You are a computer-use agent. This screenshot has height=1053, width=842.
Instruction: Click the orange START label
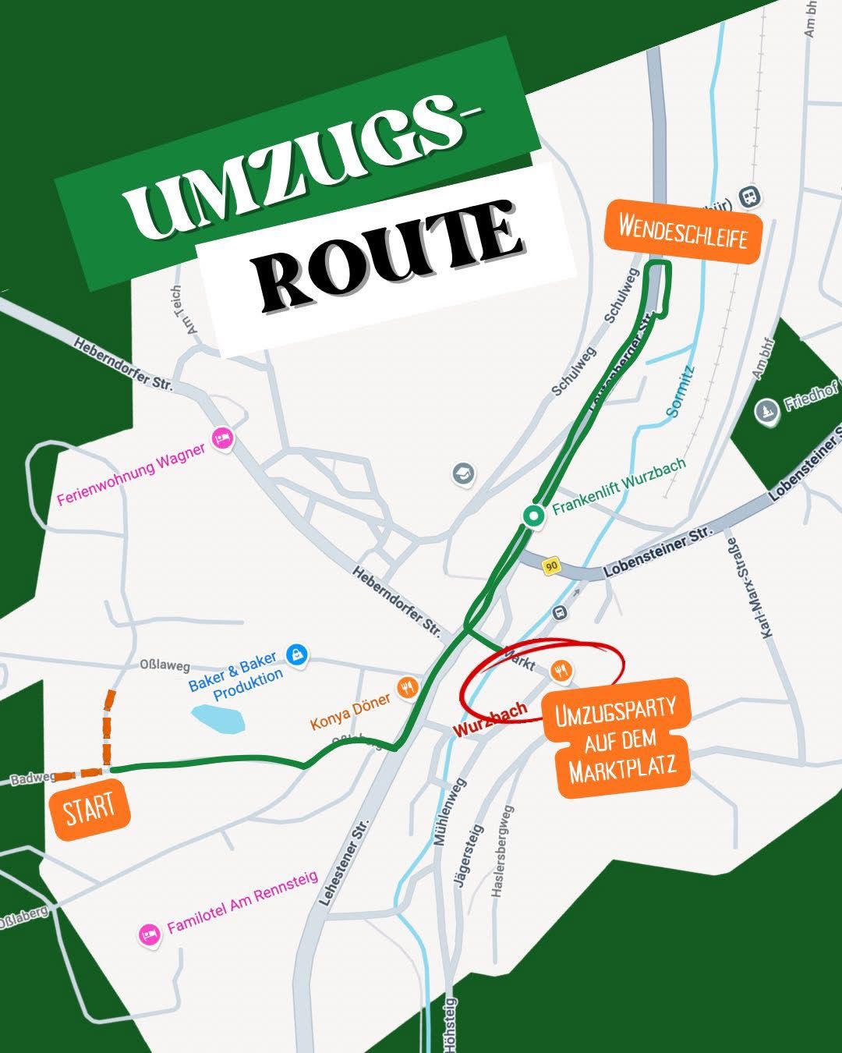[90, 808]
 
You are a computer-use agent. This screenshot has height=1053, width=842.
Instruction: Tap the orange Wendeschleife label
[683, 228]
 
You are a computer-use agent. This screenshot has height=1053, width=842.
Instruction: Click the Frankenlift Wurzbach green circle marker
[533, 515]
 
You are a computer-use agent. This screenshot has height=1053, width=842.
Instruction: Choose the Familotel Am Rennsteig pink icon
[148, 934]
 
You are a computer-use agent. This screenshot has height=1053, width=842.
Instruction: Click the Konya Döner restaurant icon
[407, 687]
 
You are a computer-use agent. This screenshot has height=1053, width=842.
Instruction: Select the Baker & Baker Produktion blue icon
[296, 654]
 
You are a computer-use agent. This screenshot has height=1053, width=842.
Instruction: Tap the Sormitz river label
[681, 393]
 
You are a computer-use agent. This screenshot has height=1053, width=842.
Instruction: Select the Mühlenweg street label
[450, 811]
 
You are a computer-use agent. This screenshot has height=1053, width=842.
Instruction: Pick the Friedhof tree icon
[767, 411]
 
